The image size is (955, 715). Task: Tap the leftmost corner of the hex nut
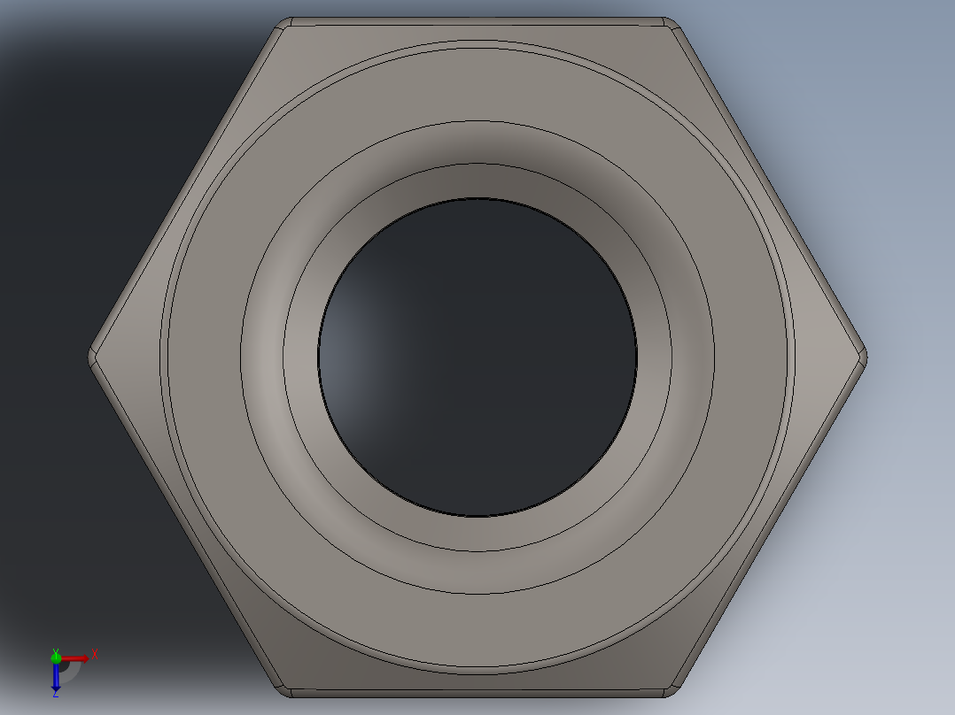click(91, 357)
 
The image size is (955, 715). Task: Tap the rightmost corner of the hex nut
click(865, 357)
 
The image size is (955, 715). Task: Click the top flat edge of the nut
click(478, 19)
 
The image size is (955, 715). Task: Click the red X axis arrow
click(76, 657)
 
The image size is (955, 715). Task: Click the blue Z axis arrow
click(55, 678)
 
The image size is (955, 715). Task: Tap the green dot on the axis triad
click(56, 657)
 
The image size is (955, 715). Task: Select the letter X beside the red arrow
click(94, 654)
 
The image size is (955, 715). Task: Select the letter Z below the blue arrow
click(55, 695)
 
